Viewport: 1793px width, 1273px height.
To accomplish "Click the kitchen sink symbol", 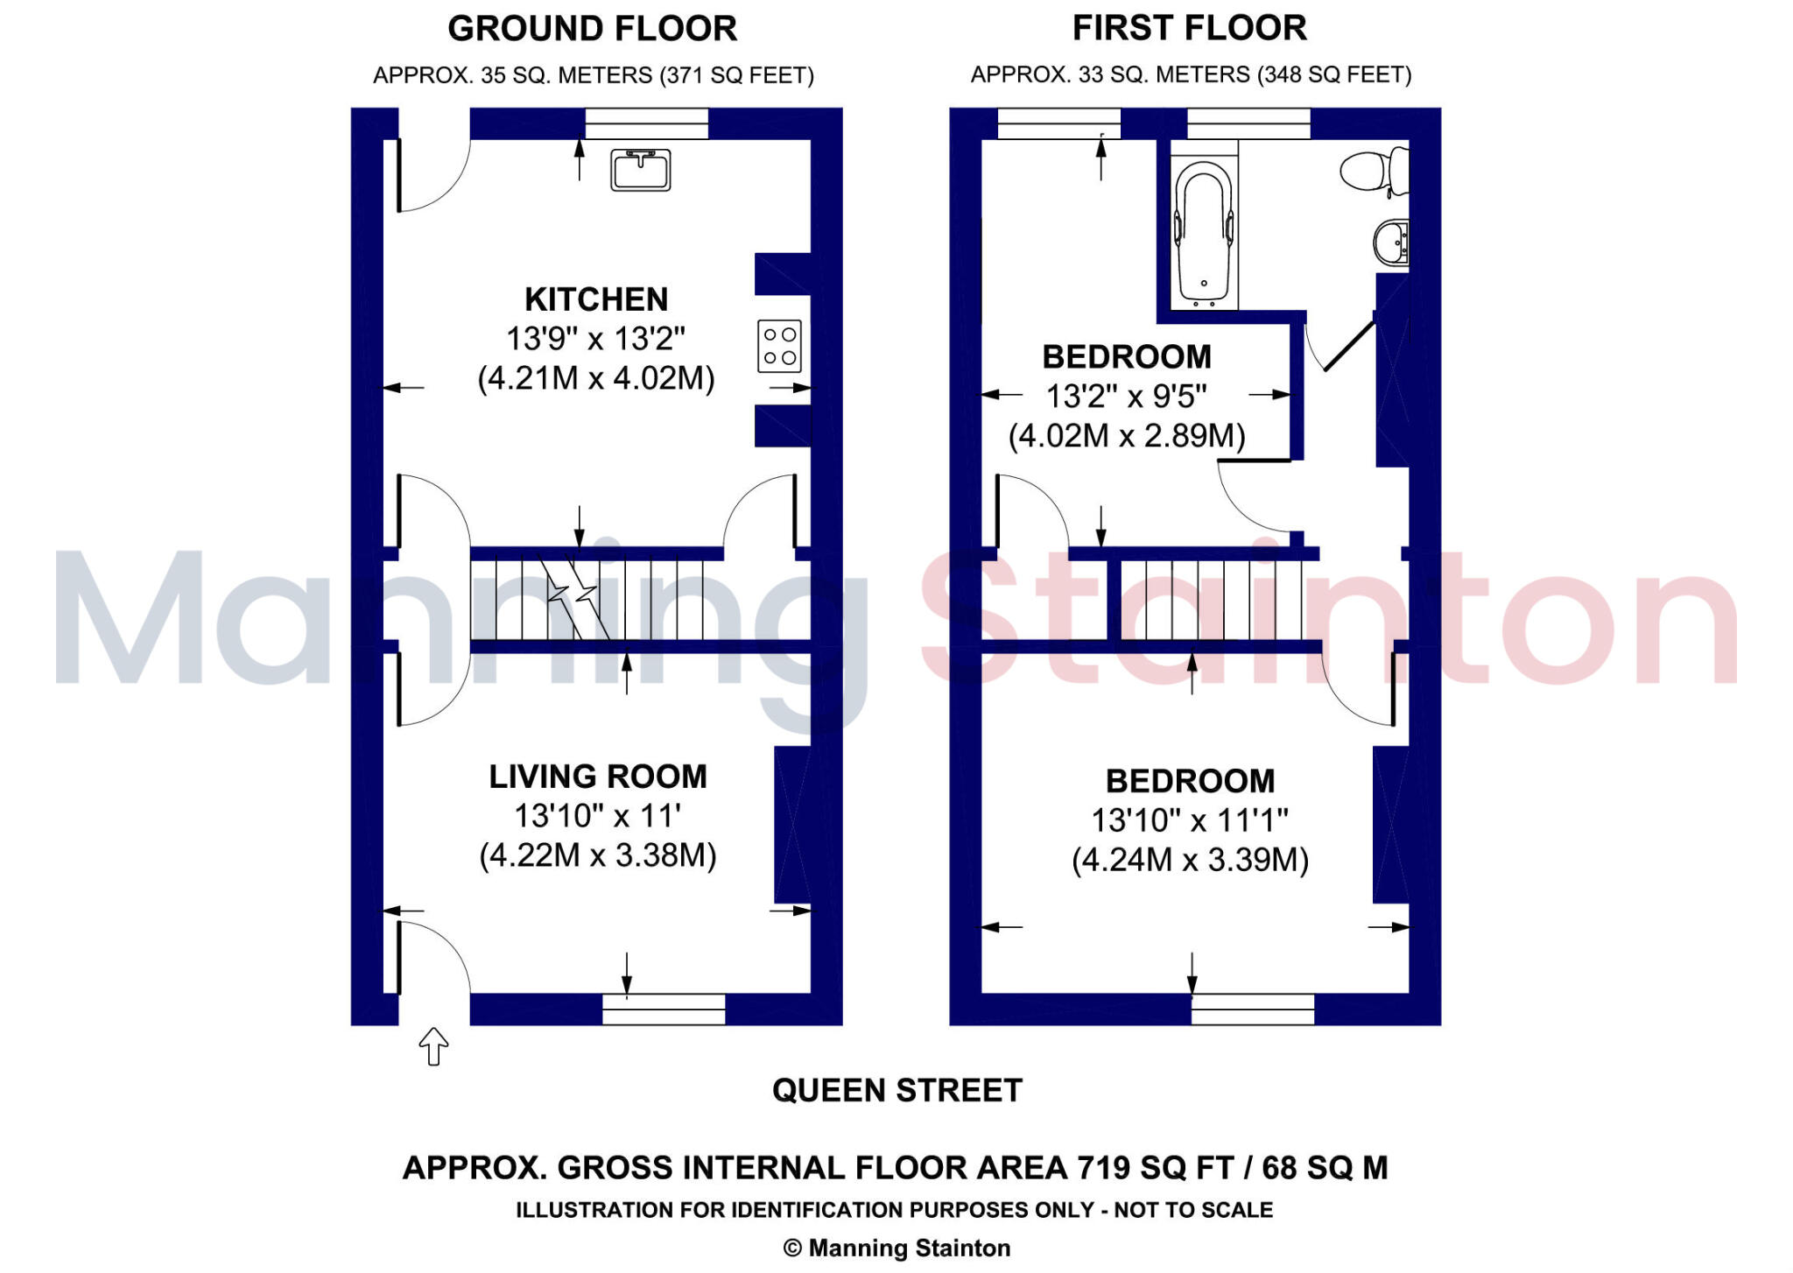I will point(640,170).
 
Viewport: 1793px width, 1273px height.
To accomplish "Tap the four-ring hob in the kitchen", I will point(779,346).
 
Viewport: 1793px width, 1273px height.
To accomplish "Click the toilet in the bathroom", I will point(1373,170).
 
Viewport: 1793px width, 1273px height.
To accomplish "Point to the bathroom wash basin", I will point(1390,242).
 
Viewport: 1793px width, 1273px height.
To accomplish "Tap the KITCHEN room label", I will point(596,299).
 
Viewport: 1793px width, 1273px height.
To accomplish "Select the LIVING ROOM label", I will point(598,777).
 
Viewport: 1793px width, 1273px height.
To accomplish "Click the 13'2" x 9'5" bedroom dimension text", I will point(1126,397).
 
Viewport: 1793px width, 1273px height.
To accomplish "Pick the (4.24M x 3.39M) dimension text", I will point(1190,860).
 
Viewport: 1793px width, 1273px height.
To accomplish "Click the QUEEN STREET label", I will point(896,1090).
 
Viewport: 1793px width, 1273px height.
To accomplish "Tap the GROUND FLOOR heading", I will point(592,29).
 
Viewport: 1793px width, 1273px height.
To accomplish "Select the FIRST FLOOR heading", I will point(1189,28).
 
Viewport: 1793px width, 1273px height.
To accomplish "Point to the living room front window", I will point(664,1009).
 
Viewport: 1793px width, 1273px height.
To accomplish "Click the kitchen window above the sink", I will point(646,123).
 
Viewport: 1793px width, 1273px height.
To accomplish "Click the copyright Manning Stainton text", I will point(896,1248).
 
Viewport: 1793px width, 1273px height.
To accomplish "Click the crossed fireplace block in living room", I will point(792,824).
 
